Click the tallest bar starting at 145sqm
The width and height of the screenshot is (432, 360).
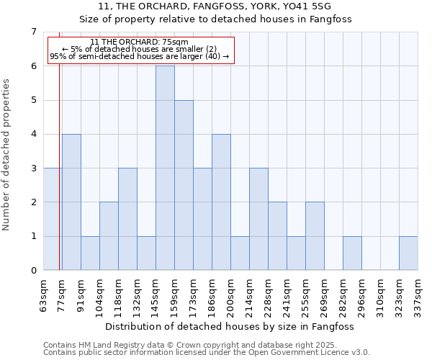tap(165, 168)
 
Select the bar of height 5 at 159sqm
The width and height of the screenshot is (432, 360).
tap(184, 185)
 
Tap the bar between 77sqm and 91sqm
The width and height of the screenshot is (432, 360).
tap(71, 202)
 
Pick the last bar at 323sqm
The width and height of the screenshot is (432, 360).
tap(408, 253)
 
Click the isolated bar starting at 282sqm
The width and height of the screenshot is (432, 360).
tap(352, 253)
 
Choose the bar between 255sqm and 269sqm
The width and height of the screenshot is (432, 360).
tap(315, 236)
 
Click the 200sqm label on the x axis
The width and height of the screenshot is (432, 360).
tap(230, 294)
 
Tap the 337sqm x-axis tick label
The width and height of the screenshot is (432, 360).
tap(418, 294)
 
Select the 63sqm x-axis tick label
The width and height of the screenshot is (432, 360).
tap(43, 294)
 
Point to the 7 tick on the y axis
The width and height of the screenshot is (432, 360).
tap(33, 32)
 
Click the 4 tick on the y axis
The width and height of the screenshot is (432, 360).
tap(33, 134)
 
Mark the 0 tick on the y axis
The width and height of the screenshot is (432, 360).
tap(33, 270)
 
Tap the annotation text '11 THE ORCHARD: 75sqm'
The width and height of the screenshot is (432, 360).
tap(140, 42)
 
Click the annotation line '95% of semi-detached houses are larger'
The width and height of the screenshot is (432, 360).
tap(140, 56)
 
